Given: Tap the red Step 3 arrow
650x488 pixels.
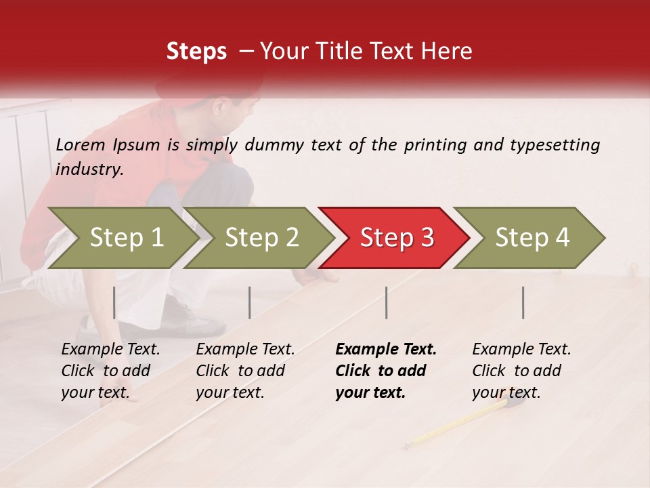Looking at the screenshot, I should point(396,238).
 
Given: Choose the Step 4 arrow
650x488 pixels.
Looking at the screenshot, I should point(532,238).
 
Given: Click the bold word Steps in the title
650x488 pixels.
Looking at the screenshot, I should point(196,52).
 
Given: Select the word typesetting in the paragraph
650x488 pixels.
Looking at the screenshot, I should point(555,144).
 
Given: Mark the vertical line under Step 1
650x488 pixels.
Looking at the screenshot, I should point(114,302).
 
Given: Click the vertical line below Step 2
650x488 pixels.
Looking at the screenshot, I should point(250,302).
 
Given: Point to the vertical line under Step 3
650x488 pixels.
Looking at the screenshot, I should point(387,302).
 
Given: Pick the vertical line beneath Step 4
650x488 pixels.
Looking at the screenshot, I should point(523,302).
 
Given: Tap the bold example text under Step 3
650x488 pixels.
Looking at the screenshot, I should point(385,371).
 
